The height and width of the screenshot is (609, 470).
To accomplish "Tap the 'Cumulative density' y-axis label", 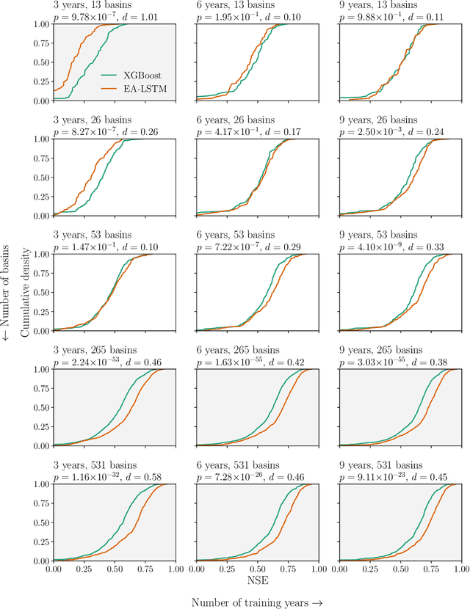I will pos(26,291).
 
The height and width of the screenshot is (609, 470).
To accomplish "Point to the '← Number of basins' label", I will pos(7,291).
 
